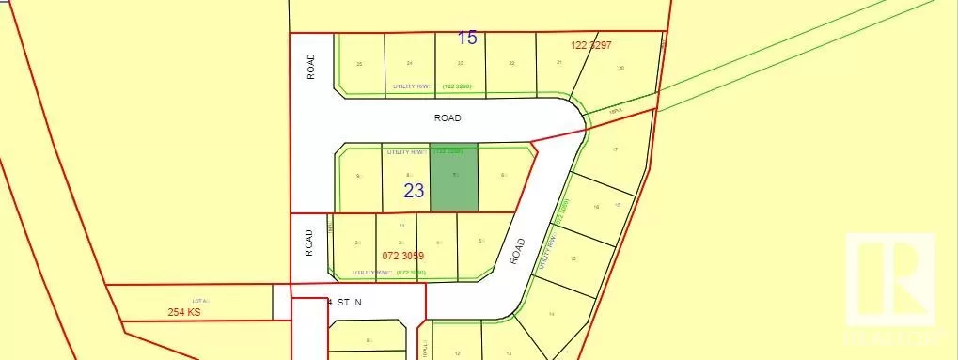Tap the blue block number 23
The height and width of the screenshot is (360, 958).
point(414,190)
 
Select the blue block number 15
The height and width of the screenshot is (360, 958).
point(467,39)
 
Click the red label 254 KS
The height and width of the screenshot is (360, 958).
point(184,311)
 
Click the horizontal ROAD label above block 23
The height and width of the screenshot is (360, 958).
point(448,119)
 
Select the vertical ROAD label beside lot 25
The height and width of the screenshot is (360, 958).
point(310,67)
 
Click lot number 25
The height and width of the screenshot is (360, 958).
point(360,64)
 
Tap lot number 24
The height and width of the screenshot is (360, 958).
point(410,64)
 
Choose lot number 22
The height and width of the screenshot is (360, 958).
point(511,64)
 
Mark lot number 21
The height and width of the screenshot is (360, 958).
point(559,63)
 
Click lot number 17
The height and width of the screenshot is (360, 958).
point(615,150)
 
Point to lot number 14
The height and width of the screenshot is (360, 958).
point(552,313)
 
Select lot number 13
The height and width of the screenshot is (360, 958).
point(509,352)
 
